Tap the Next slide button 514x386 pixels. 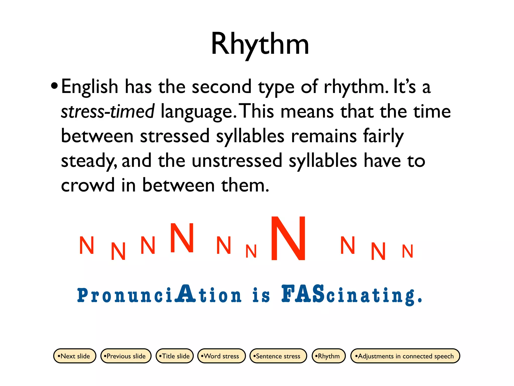75,356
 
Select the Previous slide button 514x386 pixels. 125,356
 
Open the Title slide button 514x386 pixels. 175,356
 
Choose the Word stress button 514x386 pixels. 221,356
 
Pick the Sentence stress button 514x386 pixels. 278,356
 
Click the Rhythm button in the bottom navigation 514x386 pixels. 328,356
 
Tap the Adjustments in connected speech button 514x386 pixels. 405,356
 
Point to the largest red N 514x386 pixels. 289,238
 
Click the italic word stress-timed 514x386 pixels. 108,111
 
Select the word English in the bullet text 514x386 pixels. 90,87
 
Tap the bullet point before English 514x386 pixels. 54,86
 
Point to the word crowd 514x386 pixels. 88,185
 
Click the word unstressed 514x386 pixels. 237,161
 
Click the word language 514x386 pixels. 197,111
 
